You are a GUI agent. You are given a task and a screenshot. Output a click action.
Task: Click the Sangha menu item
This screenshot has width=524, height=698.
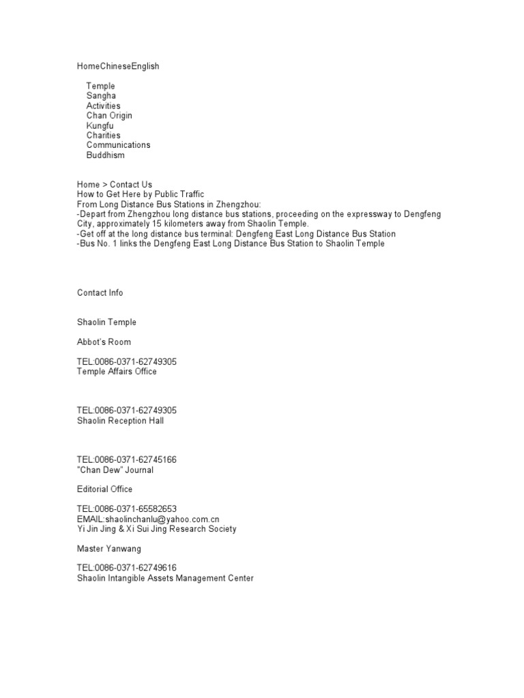[x=101, y=96]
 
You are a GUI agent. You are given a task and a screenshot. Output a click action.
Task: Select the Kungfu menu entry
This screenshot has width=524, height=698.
[x=100, y=125]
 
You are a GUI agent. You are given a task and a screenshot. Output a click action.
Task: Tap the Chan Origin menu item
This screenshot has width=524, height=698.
[x=109, y=116]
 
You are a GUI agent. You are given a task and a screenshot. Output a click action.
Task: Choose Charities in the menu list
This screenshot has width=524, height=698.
[x=103, y=135]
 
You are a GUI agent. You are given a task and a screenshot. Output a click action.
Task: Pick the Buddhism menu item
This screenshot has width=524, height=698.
[x=105, y=155]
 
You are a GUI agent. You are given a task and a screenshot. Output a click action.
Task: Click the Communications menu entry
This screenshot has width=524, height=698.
[x=118, y=145]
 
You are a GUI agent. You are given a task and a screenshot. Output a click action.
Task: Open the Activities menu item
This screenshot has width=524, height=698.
[x=103, y=106]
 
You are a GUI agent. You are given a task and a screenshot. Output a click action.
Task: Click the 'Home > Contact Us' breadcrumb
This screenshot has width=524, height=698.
[x=115, y=185]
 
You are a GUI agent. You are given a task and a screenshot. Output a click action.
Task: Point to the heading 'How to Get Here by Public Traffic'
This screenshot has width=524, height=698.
[x=141, y=194]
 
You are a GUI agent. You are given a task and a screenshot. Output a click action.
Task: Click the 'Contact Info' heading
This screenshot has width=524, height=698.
[x=100, y=292]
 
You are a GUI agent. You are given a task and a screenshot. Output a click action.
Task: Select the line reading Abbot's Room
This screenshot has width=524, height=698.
[x=104, y=342]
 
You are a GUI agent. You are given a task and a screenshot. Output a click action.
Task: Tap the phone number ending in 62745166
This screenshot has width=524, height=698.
[x=127, y=460]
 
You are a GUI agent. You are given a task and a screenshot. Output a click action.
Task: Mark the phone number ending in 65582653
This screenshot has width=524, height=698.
[x=127, y=509]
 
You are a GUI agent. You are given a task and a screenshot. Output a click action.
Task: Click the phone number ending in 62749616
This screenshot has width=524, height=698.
[x=127, y=568]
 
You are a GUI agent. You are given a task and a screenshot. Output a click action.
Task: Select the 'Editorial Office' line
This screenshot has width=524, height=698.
[x=105, y=489]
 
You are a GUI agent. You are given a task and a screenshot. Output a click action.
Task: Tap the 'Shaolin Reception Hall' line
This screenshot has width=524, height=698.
[x=120, y=421]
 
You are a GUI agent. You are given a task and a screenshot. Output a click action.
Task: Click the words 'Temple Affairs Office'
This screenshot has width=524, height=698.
[x=117, y=371]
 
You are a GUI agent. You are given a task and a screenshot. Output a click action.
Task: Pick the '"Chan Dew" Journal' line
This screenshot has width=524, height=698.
[x=115, y=470]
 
